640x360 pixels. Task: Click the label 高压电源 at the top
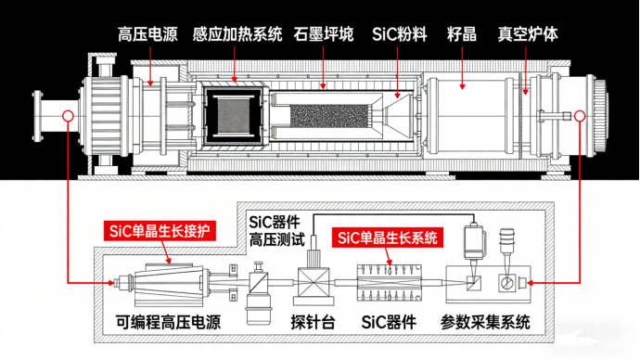click(147, 34)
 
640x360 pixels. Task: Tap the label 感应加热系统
click(237, 34)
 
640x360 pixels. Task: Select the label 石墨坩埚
click(324, 34)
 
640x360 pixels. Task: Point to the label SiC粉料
click(400, 34)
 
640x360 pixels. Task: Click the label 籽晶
click(462, 34)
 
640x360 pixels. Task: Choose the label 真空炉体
click(528, 34)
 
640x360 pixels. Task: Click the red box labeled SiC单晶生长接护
click(160, 231)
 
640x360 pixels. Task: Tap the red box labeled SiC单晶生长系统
click(388, 238)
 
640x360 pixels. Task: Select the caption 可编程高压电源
click(168, 322)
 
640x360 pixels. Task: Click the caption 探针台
click(314, 322)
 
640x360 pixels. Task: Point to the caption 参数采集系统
click(485, 322)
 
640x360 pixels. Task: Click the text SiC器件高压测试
click(276, 231)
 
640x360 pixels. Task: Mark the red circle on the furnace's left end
click(68, 116)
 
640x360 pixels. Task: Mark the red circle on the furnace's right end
click(580, 116)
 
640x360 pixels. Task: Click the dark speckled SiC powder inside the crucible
click(329, 115)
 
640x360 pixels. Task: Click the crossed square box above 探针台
click(314, 282)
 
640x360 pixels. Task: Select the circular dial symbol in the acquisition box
click(506, 282)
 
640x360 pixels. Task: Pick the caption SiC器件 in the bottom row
click(389, 322)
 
